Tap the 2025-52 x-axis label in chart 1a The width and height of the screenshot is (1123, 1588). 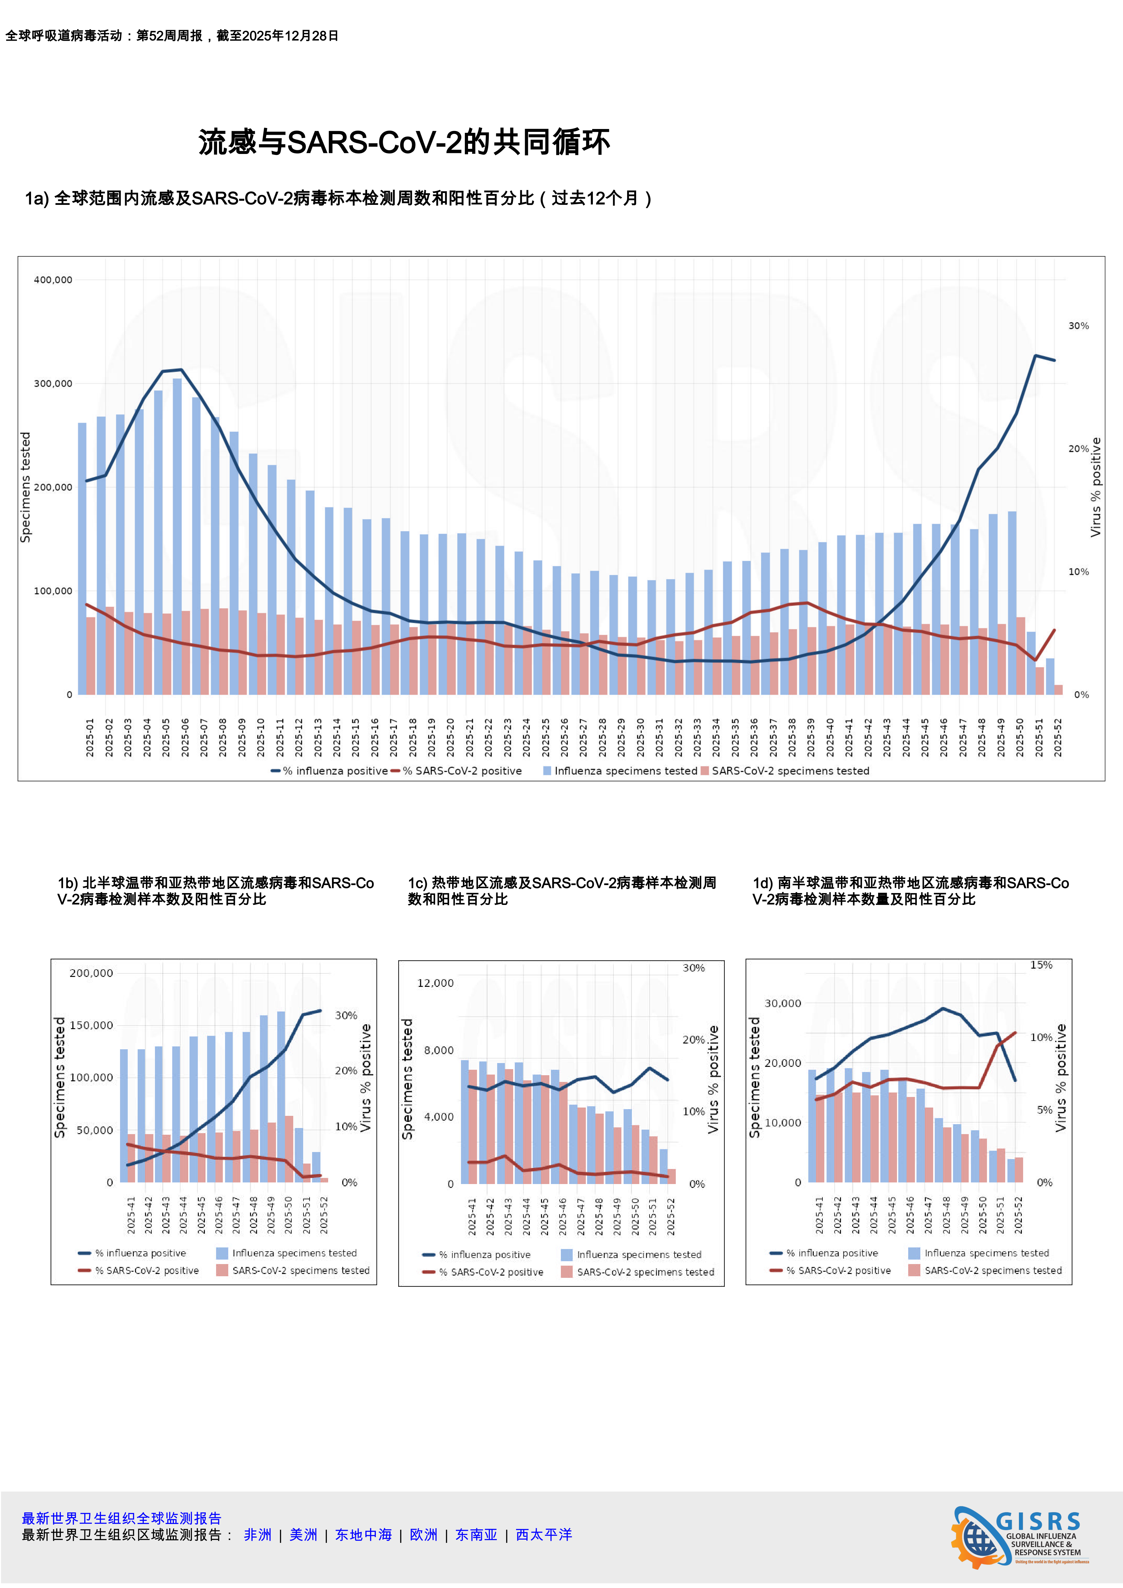(x=1057, y=737)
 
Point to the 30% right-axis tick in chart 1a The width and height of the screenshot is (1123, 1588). (x=1078, y=326)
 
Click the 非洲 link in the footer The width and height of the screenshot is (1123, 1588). (x=257, y=1535)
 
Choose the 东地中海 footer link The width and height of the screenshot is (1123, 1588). (x=363, y=1535)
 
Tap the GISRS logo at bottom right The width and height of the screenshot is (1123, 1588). (x=1020, y=1537)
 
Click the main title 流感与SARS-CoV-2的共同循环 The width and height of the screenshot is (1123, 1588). (x=404, y=142)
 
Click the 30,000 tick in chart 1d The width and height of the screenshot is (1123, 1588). (x=782, y=1003)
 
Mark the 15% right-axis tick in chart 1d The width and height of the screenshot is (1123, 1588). (x=1041, y=965)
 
